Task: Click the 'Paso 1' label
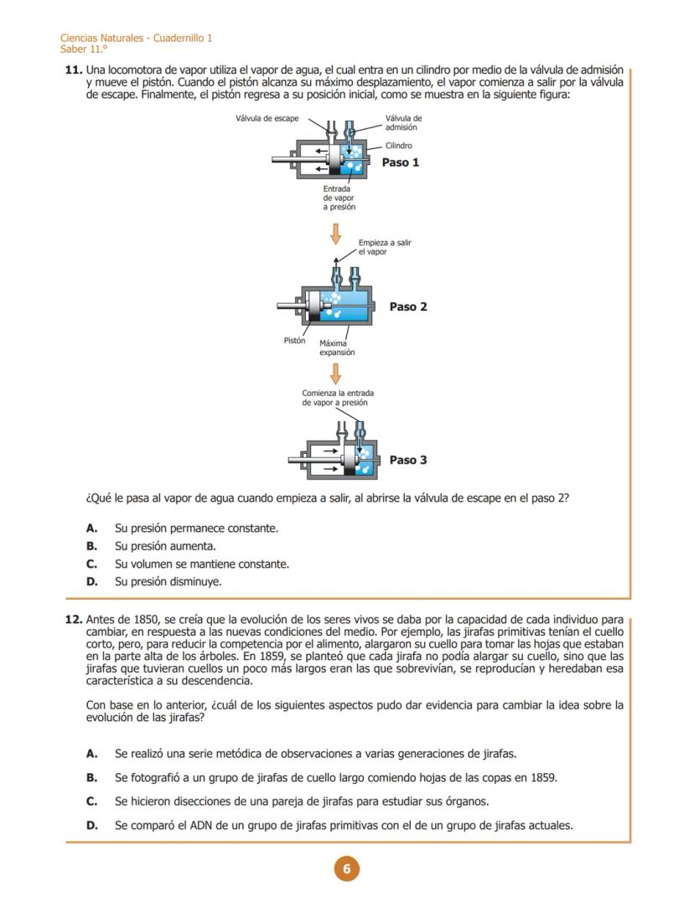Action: [400, 162]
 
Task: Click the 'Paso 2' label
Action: [408, 307]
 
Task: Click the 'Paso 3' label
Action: [408, 460]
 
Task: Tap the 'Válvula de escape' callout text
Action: [267, 118]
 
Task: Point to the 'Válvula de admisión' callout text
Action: [403, 122]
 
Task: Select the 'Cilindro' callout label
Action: [398, 146]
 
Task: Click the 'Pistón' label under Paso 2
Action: [294, 340]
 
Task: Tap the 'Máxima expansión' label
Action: [337, 348]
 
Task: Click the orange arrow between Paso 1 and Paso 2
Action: [335, 233]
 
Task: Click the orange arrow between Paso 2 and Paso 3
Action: [335, 374]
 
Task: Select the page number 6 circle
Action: [346, 869]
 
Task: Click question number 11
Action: [73, 70]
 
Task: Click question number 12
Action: [73, 620]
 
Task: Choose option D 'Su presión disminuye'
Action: [168, 581]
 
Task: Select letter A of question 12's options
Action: [92, 754]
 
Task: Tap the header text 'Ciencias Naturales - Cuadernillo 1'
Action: [136, 39]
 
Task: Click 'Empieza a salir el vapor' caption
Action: [384, 246]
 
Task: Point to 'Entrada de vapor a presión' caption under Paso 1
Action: [339, 198]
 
